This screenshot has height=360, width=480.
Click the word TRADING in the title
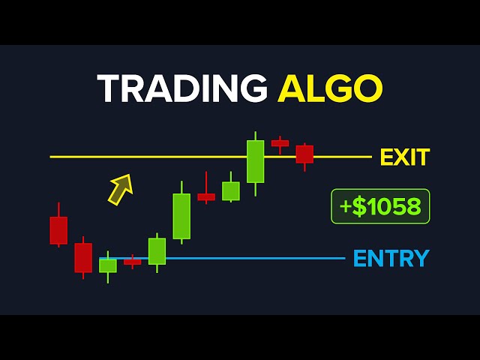click(182, 90)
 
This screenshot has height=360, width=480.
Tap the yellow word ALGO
click(330, 90)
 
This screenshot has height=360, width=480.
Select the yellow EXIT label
click(404, 157)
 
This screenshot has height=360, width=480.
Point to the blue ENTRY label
click(391, 259)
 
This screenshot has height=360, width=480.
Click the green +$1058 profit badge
click(380, 206)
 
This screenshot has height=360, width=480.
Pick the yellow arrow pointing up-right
click(120, 189)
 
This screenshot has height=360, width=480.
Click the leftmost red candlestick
click(58, 230)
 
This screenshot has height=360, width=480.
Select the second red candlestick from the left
click(83, 257)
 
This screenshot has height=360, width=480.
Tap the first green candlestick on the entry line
click(108, 265)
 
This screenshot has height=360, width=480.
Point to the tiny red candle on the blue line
click(132, 262)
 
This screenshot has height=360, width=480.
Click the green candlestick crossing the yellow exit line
click(256, 161)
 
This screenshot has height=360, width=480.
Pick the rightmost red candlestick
click(304, 154)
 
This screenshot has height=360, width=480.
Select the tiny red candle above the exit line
click(280, 142)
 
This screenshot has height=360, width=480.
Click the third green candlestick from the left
click(181, 216)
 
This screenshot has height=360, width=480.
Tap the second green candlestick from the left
click(157, 251)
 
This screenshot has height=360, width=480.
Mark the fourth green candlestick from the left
click(231, 190)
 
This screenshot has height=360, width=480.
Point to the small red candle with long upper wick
click(206, 196)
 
